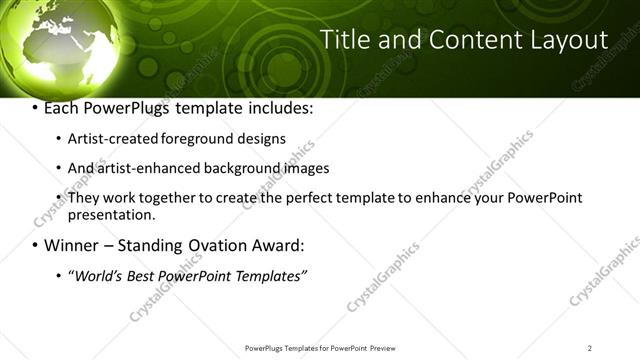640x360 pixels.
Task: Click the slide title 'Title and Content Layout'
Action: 464,40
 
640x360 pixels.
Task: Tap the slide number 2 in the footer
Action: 590,348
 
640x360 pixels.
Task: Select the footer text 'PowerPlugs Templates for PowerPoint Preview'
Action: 319,348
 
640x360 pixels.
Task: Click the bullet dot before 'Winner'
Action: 35,245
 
